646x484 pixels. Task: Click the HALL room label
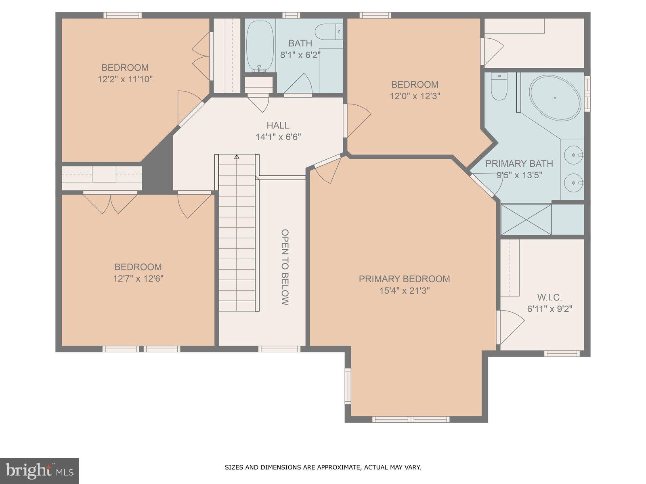tap(278, 125)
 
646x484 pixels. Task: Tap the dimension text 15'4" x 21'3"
tap(404, 290)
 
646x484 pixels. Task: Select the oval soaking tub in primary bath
tap(555, 98)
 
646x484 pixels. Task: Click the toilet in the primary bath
tap(499, 88)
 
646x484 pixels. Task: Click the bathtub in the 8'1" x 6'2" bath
tap(260, 46)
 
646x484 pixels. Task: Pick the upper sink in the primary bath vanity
tap(573, 154)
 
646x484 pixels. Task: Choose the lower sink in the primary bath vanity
tap(573, 183)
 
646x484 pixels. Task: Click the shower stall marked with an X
tap(526, 219)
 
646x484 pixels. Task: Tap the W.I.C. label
tap(550, 298)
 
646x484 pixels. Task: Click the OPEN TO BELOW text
tap(285, 267)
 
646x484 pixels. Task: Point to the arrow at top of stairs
tap(237, 156)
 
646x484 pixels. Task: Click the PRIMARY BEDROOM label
tap(404, 279)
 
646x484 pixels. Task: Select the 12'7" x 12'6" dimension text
tap(138, 278)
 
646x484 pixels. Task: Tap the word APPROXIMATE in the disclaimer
tap(338, 468)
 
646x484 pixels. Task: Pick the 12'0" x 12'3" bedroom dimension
tap(415, 96)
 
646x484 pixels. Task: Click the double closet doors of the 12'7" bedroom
tap(110, 204)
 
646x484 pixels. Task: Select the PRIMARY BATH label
tap(519, 163)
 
